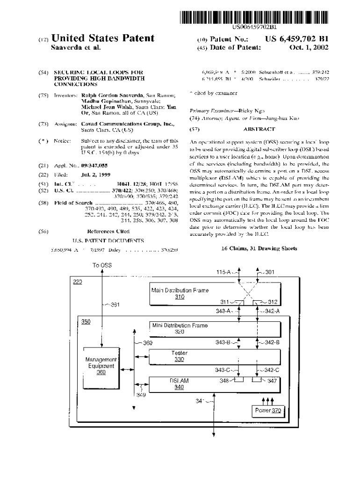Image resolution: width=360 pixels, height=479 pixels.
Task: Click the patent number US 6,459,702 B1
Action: point(296,39)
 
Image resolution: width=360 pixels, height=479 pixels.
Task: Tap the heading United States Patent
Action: point(103,38)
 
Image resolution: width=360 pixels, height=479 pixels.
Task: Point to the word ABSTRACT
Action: point(259,129)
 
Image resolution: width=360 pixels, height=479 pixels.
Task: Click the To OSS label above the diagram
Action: point(102,265)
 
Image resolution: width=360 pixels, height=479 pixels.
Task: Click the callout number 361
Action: point(114,305)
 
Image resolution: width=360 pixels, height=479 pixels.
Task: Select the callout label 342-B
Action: point(272,342)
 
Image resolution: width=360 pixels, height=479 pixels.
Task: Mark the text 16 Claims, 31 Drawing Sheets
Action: point(259,248)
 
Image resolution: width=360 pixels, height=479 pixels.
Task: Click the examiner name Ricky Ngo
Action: point(247,111)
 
